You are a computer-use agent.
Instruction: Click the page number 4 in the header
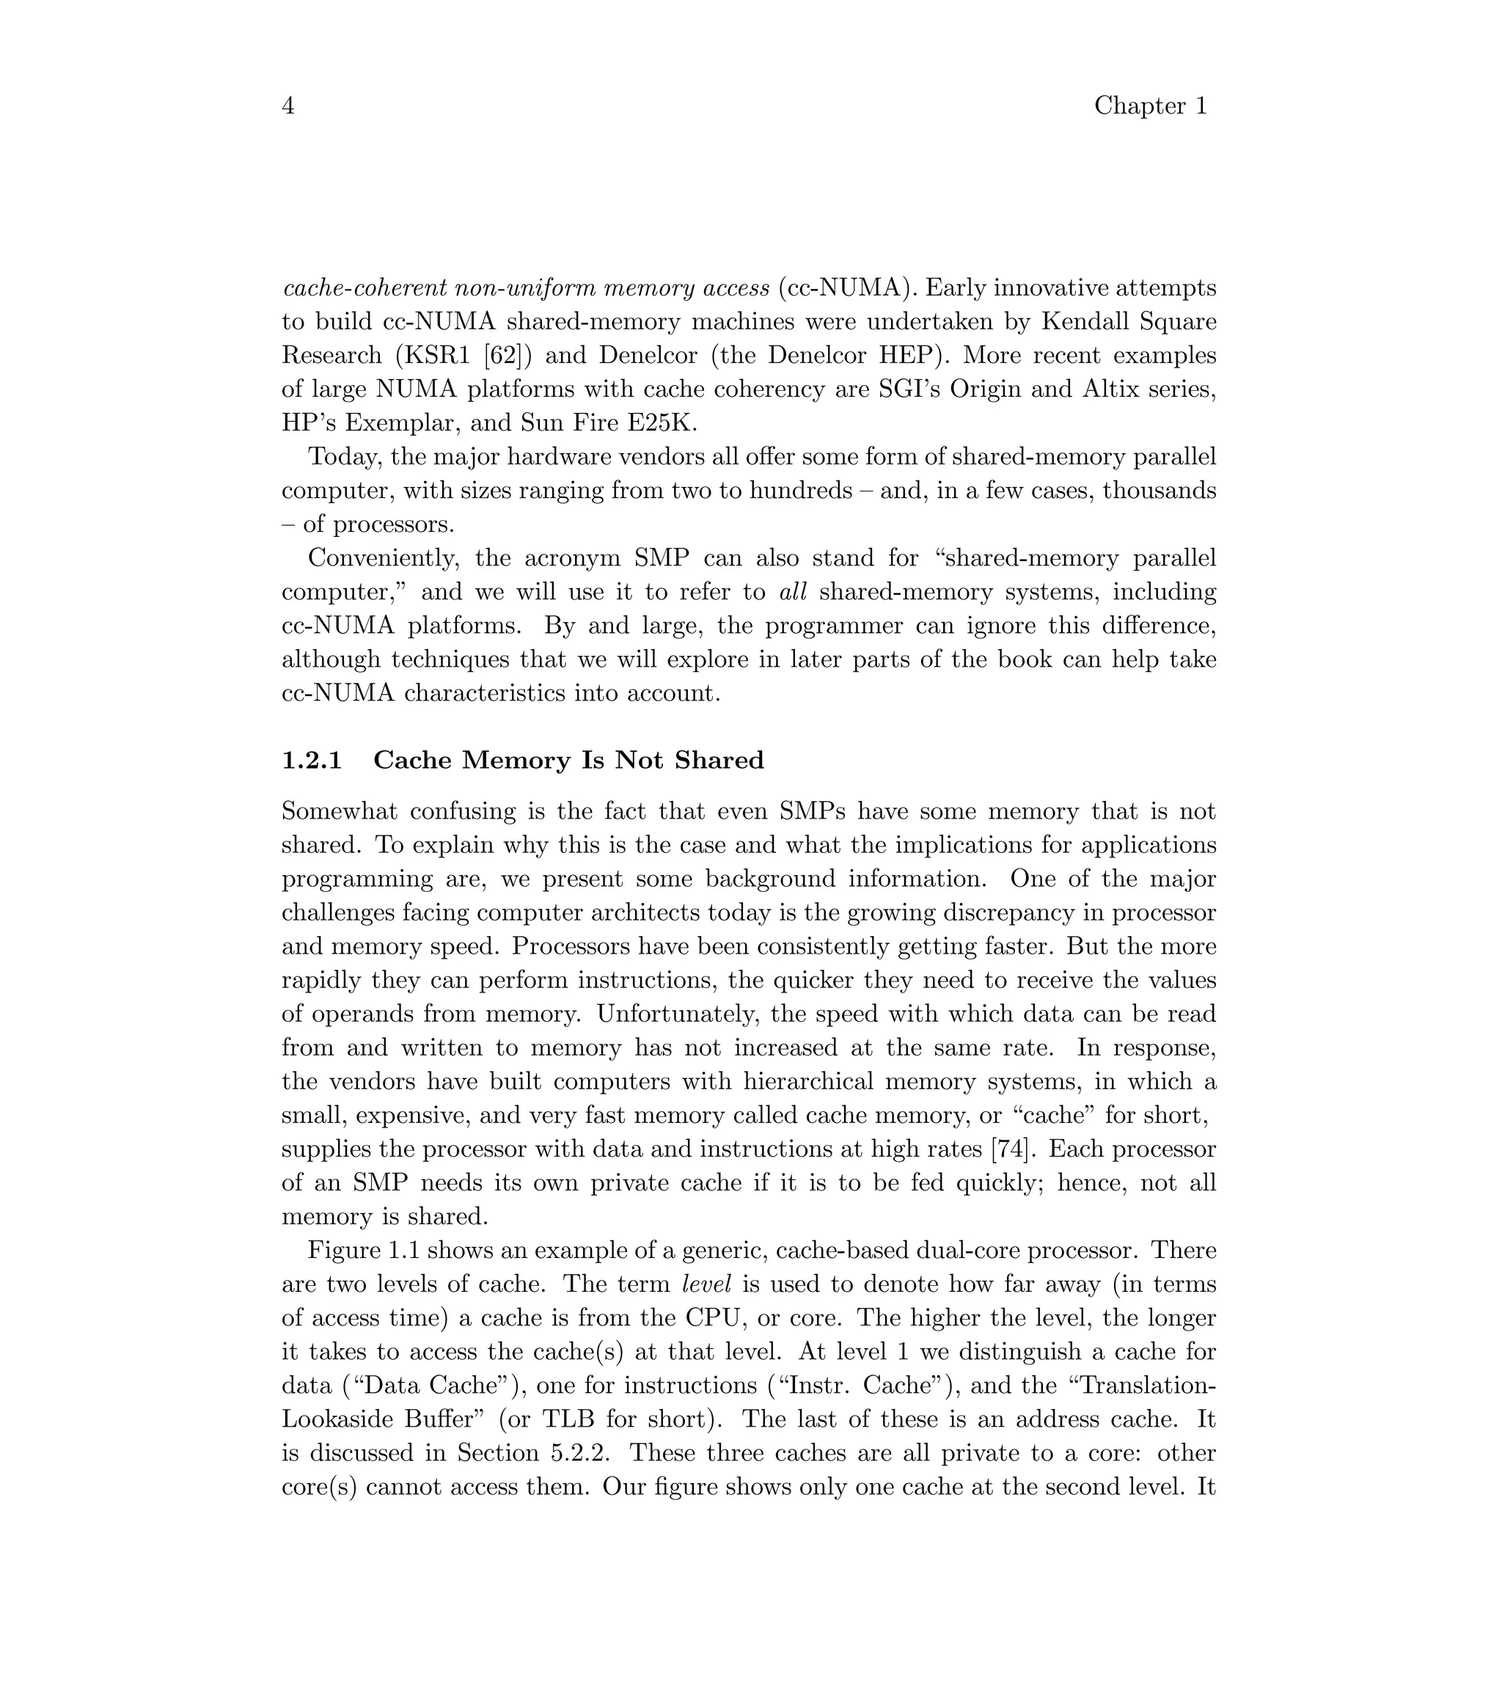point(287,106)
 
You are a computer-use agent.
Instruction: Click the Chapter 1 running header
point(1151,106)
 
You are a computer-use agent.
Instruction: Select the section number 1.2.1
point(312,760)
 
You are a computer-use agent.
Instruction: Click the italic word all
point(793,592)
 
